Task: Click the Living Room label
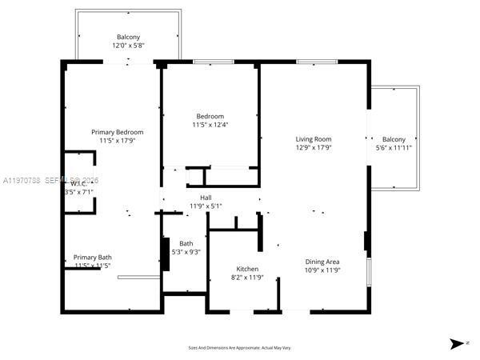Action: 314,138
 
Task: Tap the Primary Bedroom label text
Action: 117,131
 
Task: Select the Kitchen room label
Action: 247,269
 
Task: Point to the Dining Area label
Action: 322,262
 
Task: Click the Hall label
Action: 206,197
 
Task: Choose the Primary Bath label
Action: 93,257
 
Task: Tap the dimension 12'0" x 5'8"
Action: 128,46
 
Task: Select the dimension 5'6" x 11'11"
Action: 394,147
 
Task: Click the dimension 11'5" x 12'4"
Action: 210,125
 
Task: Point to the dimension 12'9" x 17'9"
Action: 314,147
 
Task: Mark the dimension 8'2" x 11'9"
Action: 247,278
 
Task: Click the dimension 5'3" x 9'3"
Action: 186,252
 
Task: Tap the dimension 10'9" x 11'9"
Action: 322,270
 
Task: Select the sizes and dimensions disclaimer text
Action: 239,348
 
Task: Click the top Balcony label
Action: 128,38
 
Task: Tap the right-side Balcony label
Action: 394,138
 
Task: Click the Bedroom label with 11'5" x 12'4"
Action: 210,116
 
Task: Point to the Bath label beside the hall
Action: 186,243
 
